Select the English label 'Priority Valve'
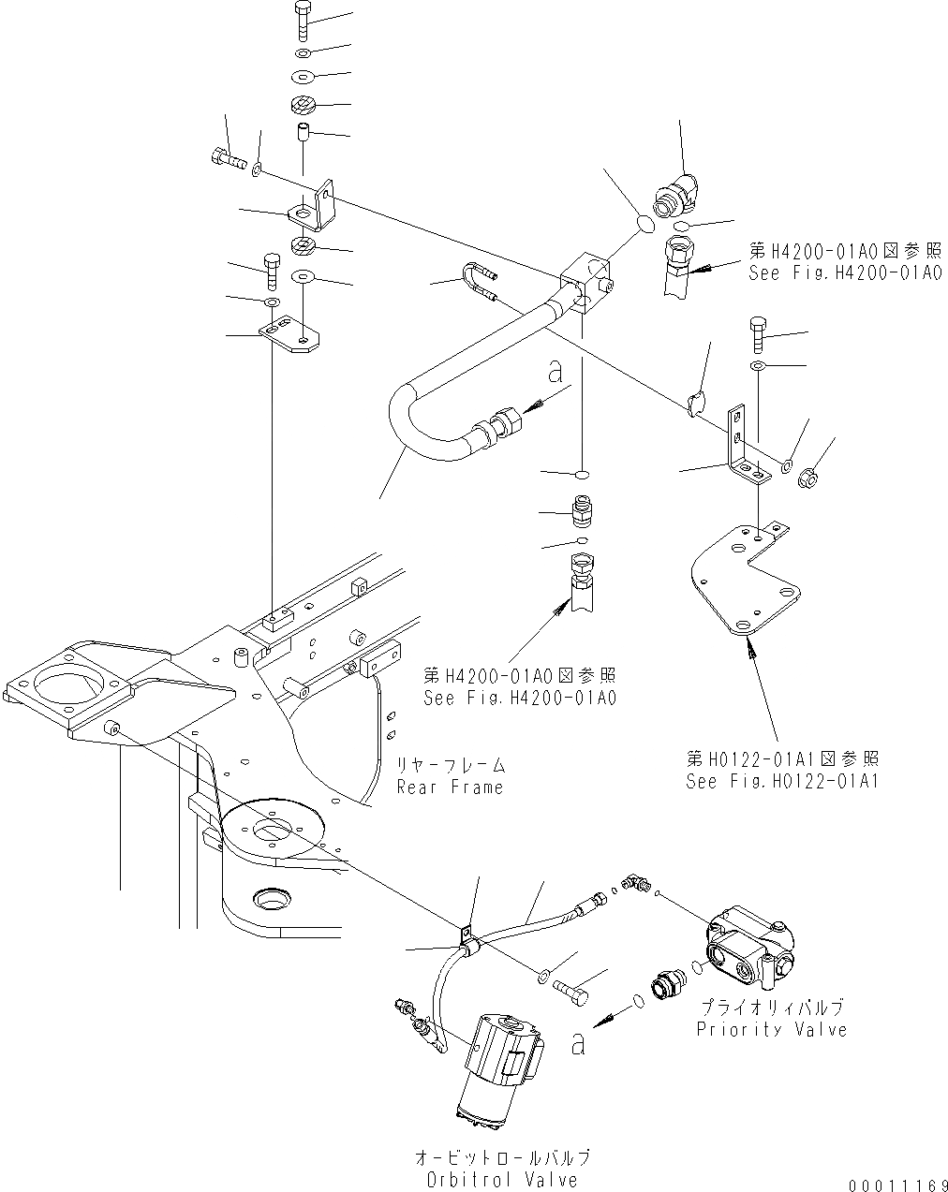(772, 1029)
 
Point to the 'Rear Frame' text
(450, 787)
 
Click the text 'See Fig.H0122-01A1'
(782, 781)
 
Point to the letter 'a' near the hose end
(555, 373)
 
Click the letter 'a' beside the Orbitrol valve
(578, 1041)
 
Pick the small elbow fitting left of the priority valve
(637, 881)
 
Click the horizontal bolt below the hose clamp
(573, 988)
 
